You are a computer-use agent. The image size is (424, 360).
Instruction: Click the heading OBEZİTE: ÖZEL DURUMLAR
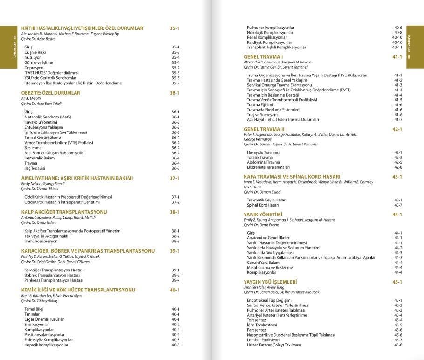pyautogui.click(x=51, y=93)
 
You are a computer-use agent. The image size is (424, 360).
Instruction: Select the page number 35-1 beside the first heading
pyautogui.click(x=175, y=28)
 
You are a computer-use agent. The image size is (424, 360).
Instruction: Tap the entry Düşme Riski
pyautogui.click(x=35, y=52)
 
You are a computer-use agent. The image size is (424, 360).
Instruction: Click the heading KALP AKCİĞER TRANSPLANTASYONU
pyautogui.click(x=64, y=212)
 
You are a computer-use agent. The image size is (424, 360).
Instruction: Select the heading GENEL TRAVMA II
pyautogui.click(x=264, y=129)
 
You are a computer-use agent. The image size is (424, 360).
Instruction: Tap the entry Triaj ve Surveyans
pyautogui.click(x=262, y=114)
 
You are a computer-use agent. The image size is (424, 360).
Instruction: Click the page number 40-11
pyautogui.click(x=397, y=48)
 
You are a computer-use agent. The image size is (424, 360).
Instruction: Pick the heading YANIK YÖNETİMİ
pyautogui.click(x=263, y=215)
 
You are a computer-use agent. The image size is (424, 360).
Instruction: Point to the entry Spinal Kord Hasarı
pyautogui.click(x=263, y=205)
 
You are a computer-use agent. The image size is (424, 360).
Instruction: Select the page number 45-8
pyautogui.click(x=398, y=345)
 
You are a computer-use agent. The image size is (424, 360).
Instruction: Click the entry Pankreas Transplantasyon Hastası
pyautogui.click(x=54, y=280)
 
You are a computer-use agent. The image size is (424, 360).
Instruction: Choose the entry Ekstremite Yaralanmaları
pyautogui.click(x=268, y=167)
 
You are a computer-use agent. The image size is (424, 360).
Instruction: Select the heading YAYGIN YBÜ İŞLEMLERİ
pyautogui.click(x=270, y=282)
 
